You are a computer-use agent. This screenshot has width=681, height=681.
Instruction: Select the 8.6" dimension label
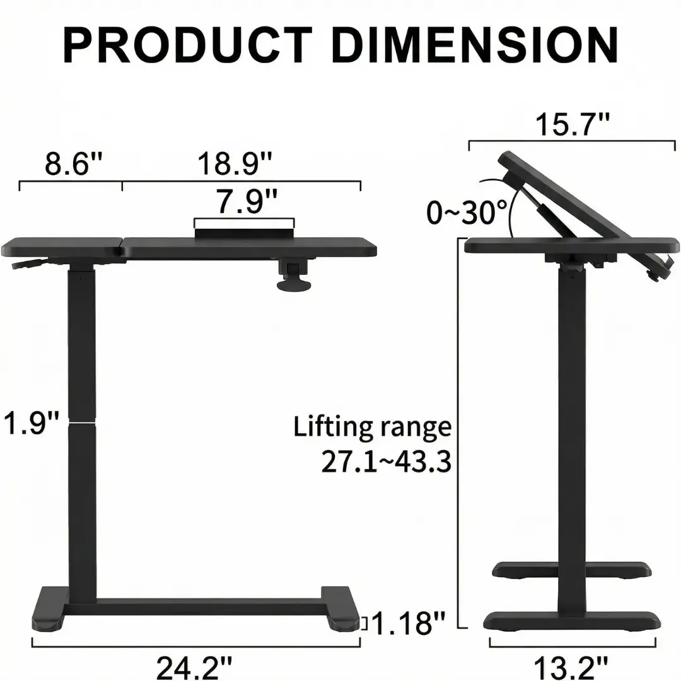pos(73,163)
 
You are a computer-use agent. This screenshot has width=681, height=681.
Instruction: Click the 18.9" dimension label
pos(235,163)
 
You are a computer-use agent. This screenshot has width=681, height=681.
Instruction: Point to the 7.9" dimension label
pos(247,202)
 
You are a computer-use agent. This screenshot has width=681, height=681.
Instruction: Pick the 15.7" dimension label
pos(572,124)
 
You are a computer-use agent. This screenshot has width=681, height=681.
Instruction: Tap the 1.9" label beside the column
pos(31,422)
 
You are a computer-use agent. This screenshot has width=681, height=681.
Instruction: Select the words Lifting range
pos(372,427)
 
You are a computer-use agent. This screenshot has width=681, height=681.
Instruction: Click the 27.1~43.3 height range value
pos(386,461)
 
